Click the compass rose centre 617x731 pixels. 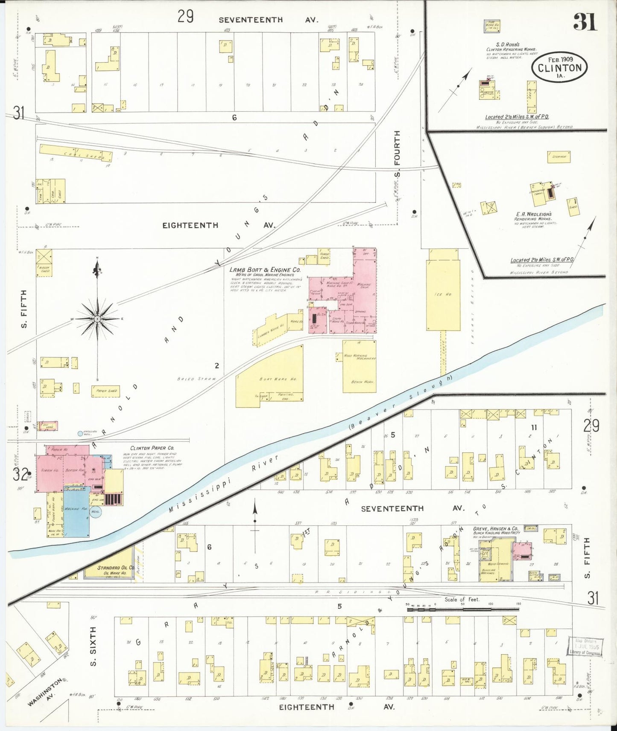point(97,319)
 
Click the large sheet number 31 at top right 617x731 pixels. point(585,22)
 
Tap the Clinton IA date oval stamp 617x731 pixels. point(559,67)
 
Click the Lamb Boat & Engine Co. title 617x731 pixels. point(265,270)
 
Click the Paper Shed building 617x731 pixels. point(105,391)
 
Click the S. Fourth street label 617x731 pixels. point(398,154)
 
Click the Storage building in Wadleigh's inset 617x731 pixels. point(559,157)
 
